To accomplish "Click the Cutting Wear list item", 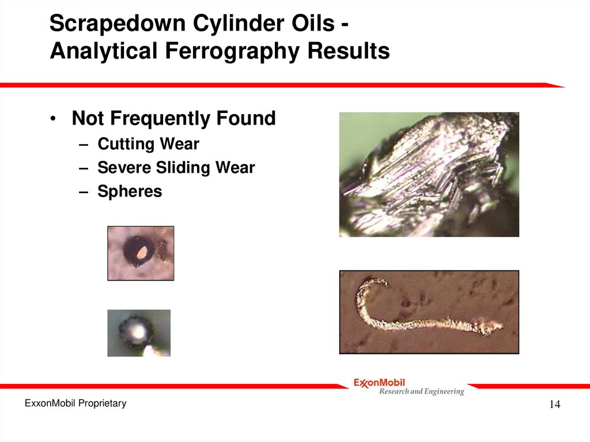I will point(149,143).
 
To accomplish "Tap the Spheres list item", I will point(130,191).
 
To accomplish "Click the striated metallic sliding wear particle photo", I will point(429,174).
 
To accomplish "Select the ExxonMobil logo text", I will point(379,383).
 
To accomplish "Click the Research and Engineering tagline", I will point(421,392).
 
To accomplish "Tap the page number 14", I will point(554,405).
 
